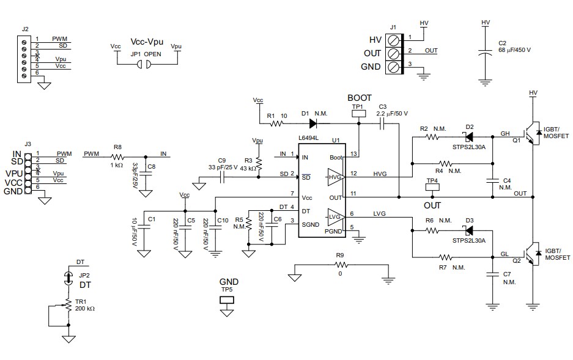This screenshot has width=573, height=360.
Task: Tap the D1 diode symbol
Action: click(x=305, y=123)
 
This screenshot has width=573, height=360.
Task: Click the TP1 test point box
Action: click(x=358, y=113)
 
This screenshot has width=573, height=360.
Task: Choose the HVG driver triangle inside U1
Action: click(x=336, y=177)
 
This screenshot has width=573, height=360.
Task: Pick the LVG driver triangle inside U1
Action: click(x=336, y=217)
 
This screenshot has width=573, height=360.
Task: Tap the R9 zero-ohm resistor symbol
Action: click(x=341, y=265)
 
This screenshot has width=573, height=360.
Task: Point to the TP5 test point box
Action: click(x=227, y=300)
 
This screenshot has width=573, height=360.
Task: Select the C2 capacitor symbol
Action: click(x=486, y=54)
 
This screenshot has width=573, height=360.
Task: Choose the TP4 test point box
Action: click(x=432, y=188)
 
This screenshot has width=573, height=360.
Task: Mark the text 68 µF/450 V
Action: click(x=514, y=50)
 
